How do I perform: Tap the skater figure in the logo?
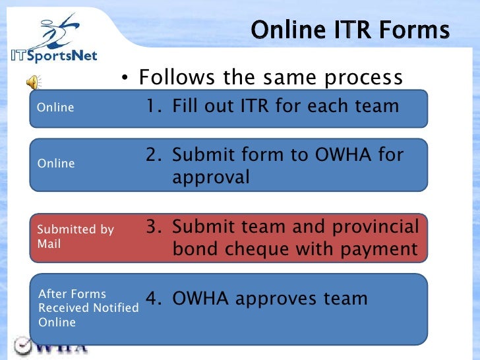[x=57, y=29]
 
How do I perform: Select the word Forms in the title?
[x=418, y=30]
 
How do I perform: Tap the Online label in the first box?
[x=55, y=107]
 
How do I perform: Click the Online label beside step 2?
[x=55, y=164]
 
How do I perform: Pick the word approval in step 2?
[x=211, y=177]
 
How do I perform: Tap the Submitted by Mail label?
[x=75, y=237]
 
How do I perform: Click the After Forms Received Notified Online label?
[x=88, y=308]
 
